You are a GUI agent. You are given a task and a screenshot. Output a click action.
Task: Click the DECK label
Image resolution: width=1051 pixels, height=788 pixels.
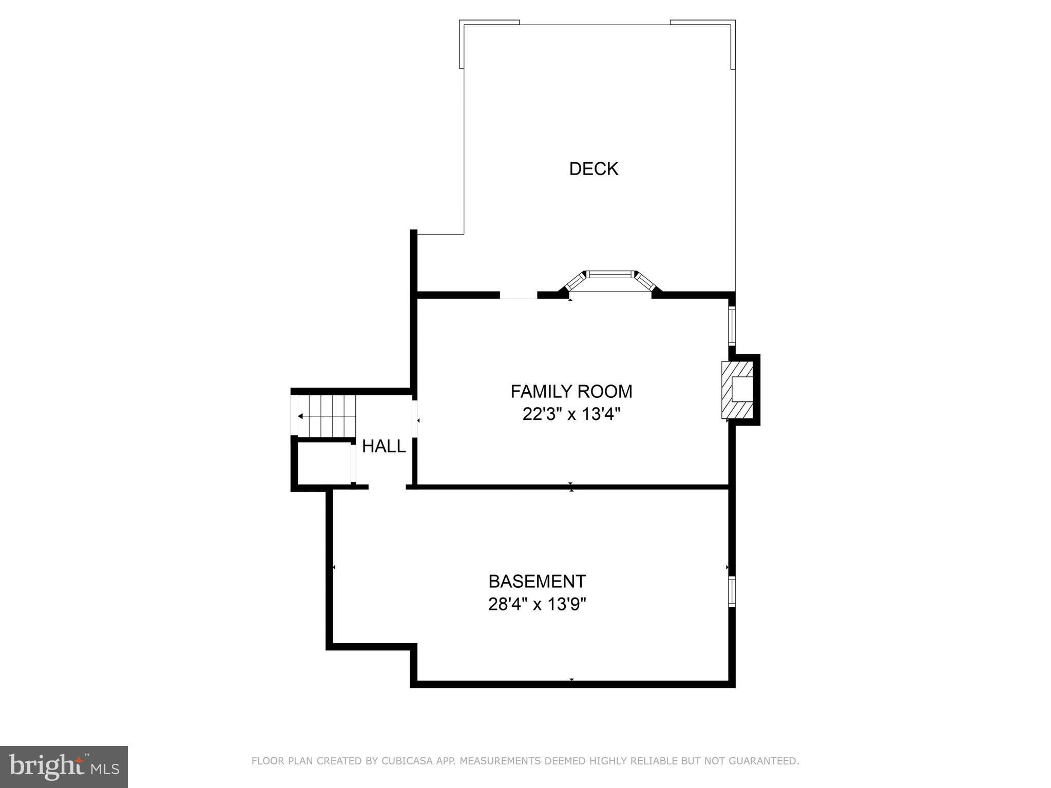pos(594,169)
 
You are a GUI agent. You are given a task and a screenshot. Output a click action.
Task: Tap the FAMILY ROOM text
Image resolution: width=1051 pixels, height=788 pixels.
pos(571,392)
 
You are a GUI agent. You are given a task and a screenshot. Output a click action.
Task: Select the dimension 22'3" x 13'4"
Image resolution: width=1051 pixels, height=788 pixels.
pos(571,414)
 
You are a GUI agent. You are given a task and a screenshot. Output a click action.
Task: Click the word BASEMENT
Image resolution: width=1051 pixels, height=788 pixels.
pos(537,582)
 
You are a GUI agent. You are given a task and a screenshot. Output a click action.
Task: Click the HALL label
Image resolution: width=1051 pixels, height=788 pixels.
pos(384,447)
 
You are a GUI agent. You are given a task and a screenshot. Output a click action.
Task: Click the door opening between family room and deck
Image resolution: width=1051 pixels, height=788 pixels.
pos(519,295)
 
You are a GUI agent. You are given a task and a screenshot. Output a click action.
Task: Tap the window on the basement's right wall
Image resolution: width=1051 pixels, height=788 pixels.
pos(732,591)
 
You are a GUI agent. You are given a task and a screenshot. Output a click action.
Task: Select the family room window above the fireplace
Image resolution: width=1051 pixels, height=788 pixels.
pos(732,326)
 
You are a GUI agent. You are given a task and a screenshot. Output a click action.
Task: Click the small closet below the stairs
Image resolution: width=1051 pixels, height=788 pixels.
pos(324,464)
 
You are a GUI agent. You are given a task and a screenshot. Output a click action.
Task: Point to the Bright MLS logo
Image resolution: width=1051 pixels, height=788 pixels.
pos(64,766)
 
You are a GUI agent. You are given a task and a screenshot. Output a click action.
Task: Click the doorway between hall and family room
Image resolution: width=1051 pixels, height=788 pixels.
pos(415,419)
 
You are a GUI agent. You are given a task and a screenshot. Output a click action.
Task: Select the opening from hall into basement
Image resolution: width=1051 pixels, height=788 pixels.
pos(387,487)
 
